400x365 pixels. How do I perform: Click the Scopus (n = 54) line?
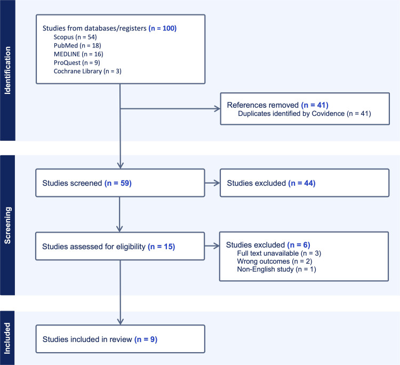coord(75,37)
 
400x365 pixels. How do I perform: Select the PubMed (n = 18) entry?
coord(77,45)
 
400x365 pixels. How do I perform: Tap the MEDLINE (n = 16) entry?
coord(78,54)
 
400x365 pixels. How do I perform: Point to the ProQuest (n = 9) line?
coord(77,62)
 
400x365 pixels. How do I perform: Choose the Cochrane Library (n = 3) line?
coord(87,71)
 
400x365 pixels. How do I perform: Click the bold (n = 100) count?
coord(163,28)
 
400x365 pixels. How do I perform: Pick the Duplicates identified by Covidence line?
coord(305,114)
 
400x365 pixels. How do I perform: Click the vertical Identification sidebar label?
coord(7,70)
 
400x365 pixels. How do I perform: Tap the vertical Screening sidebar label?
coord(7,225)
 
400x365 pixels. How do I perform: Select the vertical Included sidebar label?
coord(7,338)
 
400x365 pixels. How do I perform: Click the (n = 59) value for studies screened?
coord(118,183)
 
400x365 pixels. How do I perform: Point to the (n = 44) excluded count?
coord(302,183)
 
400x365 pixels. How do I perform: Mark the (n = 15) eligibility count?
coord(162,247)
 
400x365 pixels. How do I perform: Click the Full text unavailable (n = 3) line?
coord(279,253)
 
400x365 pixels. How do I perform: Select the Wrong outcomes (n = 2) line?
coord(275,261)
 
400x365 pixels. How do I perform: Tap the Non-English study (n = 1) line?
coord(276,269)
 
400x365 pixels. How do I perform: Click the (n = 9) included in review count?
coord(146,339)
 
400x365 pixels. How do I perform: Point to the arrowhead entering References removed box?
coord(218,109)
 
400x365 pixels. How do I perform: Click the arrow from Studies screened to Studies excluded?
coord(212,183)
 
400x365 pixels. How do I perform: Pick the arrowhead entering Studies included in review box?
coord(121,322)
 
